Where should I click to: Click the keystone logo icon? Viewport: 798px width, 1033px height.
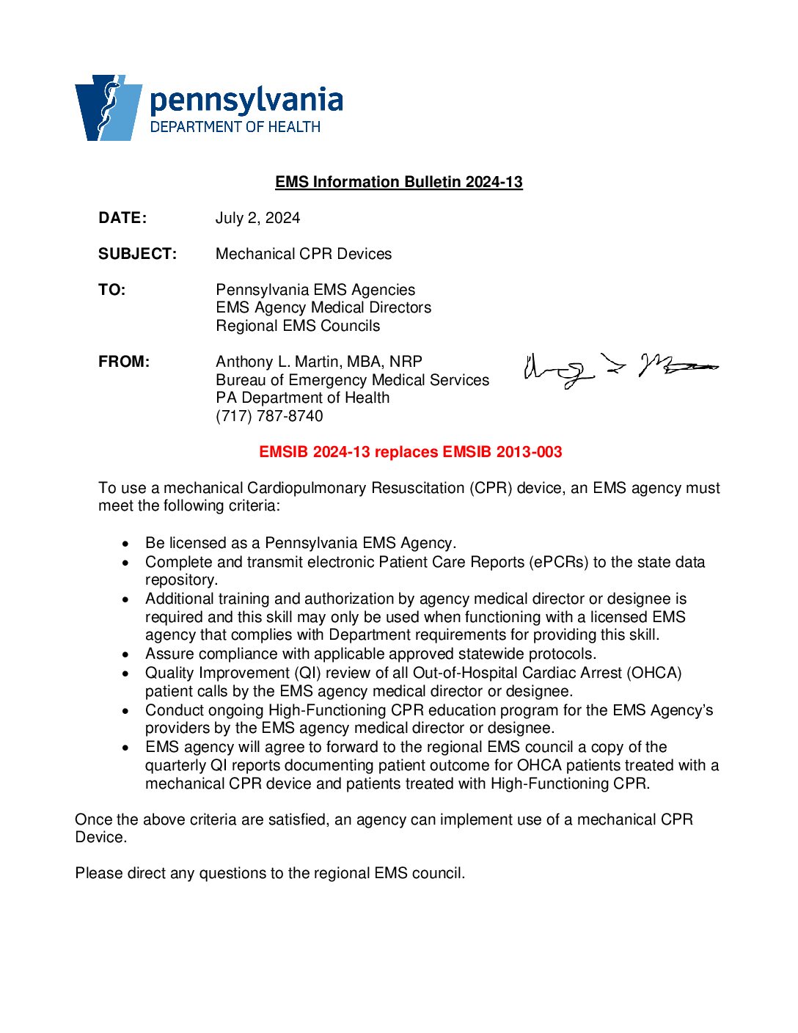(x=108, y=107)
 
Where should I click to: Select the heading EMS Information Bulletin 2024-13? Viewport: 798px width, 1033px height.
(x=398, y=182)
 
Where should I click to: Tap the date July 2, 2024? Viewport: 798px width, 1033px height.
(x=257, y=218)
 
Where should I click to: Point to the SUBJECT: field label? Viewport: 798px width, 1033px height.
(x=137, y=254)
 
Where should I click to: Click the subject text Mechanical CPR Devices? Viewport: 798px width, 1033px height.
(x=304, y=254)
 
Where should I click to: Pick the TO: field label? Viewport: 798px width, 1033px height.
(x=112, y=290)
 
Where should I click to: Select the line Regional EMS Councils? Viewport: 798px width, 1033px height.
(x=298, y=326)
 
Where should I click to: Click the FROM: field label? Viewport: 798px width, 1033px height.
(x=124, y=362)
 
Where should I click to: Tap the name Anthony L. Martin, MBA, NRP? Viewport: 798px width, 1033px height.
(x=319, y=362)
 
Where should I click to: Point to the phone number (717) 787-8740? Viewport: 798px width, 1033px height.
(x=269, y=416)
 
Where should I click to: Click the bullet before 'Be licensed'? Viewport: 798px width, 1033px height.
(x=127, y=544)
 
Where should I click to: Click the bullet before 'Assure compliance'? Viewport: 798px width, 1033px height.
(x=127, y=654)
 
